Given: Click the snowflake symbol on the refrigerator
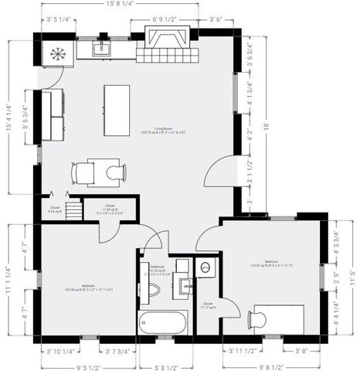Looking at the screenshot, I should click(56, 53).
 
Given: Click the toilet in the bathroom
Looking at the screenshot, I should click(153, 289).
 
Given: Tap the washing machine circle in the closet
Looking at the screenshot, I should click(206, 268).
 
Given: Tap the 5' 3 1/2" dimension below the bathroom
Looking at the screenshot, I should click(167, 366).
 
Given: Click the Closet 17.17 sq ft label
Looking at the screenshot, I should click(208, 306).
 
